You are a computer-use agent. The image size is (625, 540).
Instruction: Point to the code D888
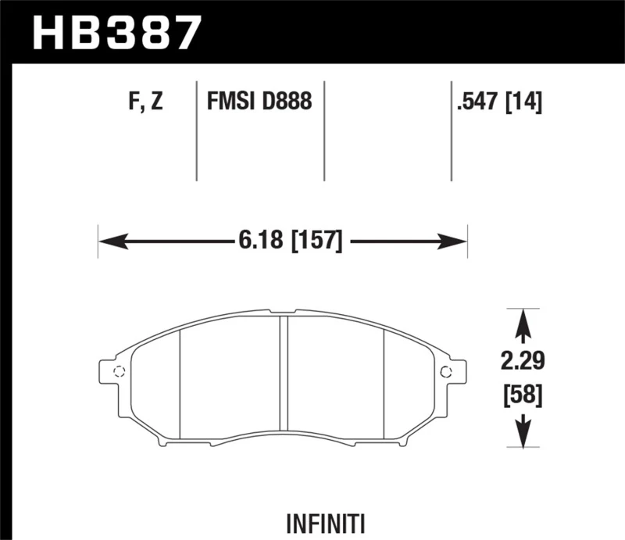click(x=288, y=102)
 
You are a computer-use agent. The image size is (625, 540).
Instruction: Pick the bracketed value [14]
click(x=525, y=102)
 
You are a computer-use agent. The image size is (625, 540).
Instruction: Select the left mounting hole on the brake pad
click(x=119, y=371)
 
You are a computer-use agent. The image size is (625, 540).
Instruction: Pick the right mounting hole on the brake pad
click(x=445, y=371)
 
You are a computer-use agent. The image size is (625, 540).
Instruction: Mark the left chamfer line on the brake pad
click(x=180, y=383)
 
